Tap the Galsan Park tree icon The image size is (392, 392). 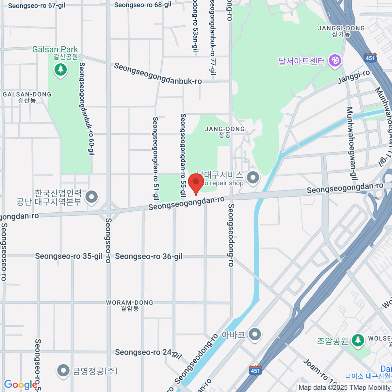60,69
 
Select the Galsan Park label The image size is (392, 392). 55,50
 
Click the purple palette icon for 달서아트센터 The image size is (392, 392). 335,60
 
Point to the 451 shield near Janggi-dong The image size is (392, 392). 370,58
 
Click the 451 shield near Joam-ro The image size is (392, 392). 255,370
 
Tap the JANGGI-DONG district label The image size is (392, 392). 341,28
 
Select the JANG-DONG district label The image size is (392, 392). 225,129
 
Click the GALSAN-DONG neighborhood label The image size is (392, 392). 27,95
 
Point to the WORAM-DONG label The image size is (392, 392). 130,303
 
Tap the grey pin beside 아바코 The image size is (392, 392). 255,334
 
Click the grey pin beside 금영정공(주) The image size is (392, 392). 63,370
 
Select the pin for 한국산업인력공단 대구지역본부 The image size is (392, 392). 91,197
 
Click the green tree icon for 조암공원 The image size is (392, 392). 358,340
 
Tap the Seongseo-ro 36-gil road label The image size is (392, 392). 149,256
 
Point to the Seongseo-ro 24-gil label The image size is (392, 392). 148,353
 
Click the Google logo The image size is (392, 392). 20,385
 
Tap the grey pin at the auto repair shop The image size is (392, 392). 253,178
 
